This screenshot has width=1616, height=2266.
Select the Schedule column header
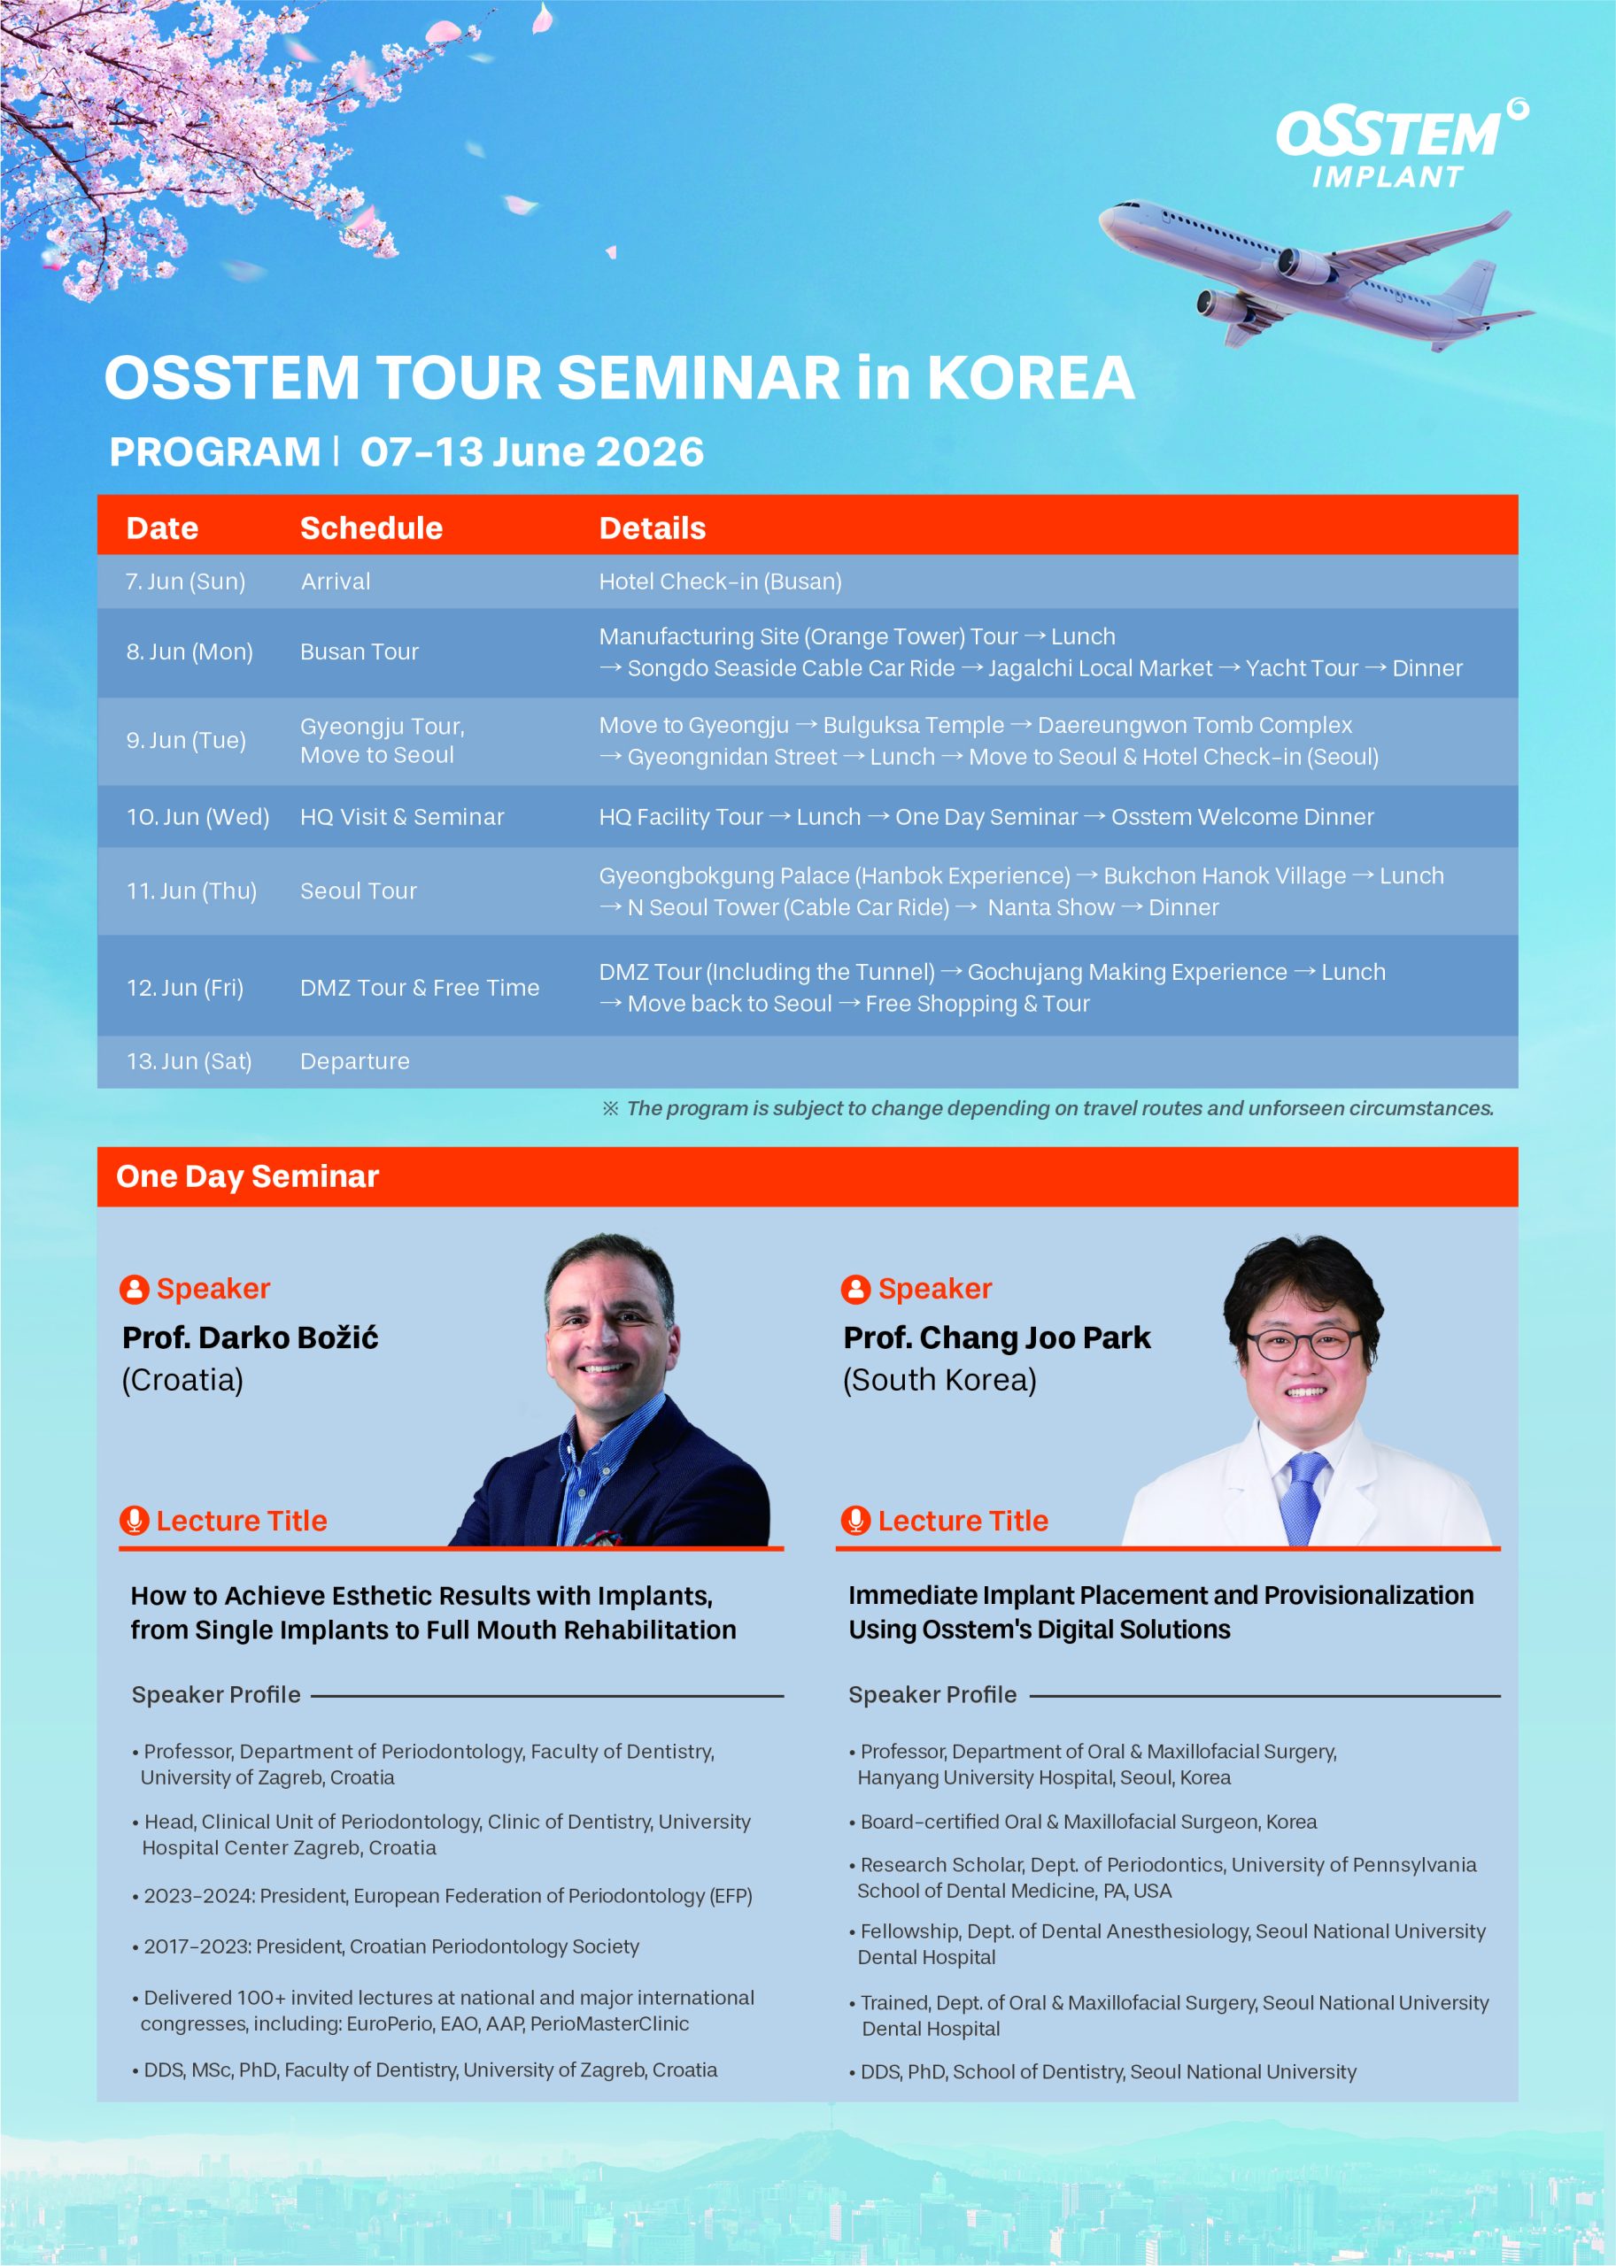[371, 528]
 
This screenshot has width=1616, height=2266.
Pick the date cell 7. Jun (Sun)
[185, 581]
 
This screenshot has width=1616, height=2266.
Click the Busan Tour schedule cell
[360, 651]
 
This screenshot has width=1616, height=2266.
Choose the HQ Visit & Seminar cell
[402, 817]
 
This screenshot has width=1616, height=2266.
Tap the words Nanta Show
[1051, 907]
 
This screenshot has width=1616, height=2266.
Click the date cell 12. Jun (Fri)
[184, 988]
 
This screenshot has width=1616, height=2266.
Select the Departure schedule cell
[354, 1061]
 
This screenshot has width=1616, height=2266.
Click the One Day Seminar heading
[247, 1175]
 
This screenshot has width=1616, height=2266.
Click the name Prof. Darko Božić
[250, 1338]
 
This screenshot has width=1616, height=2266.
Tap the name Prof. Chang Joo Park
[996, 1338]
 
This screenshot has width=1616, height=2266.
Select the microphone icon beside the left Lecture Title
[134, 1520]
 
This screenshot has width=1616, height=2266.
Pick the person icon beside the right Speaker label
[854, 1288]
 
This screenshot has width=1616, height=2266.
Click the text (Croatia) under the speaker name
[182, 1380]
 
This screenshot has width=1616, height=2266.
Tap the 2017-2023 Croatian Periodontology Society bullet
[386, 1946]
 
